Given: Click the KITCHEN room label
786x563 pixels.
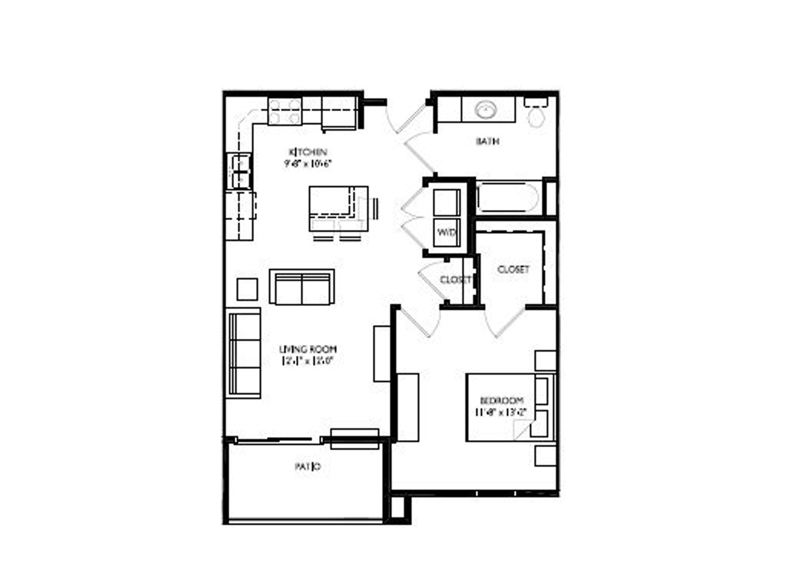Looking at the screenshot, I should pyautogui.click(x=308, y=152).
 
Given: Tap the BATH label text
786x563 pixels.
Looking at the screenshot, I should pyautogui.click(x=487, y=142).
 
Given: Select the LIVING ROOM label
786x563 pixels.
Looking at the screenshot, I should pyautogui.click(x=307, y=349).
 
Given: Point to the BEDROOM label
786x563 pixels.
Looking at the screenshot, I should pyautogui.click(x=501, y=401).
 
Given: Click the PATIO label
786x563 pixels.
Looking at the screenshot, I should pyautogui.click(x=307, y=466).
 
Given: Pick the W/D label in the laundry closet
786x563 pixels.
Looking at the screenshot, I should pyautogui.click(x=446, y=232).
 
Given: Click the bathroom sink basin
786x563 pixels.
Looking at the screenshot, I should pyautogui.click(x=486, y=110).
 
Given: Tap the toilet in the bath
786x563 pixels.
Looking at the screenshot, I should pyautogui.click(x=536, y=114).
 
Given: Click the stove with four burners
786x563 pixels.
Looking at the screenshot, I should pyautogui.click(x=285, y=112).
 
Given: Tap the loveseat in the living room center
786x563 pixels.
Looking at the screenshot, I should pyautogui.click(x=302, y=287).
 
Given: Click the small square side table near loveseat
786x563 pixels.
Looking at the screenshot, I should pyautogui.click(x=247, y=289).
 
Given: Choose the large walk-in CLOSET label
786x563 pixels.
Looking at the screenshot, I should pyautogui.click(x=513, y=270).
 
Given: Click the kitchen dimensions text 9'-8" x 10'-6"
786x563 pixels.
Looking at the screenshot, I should pyautogui.click(x=308, y=164).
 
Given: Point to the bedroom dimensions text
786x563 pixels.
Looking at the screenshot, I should pyautogui.click(x=500, y=412).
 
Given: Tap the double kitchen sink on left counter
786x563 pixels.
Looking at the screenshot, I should pyautogui.click(x=240, y=171).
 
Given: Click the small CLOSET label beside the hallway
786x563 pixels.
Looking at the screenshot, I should pyautogui.click(x=455, y=280).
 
